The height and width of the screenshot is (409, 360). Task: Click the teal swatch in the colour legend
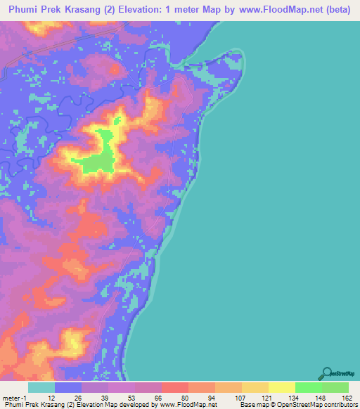(x=41, y=387)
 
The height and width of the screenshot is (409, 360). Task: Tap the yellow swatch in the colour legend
(x=281, y=387)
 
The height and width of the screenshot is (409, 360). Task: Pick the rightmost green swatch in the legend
(x=335, y=387)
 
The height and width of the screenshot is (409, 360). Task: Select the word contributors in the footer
(x=340, y=405)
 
